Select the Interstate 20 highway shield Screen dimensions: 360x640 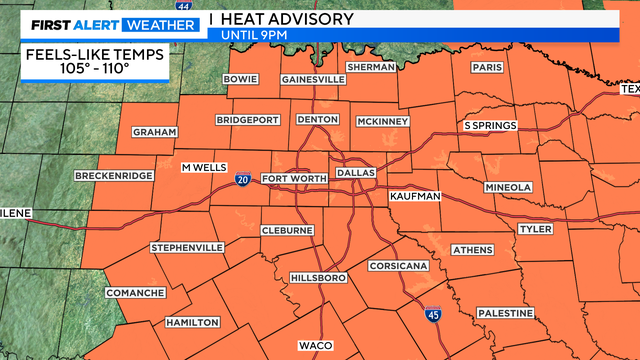244,179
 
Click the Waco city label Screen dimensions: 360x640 315,346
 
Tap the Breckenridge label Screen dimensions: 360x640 114,176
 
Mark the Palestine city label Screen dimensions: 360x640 505,313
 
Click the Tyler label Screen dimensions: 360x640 535,229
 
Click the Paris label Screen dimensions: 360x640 487,68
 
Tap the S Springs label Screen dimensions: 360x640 490,126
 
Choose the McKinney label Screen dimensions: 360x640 383,122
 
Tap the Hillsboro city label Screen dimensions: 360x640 317,277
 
